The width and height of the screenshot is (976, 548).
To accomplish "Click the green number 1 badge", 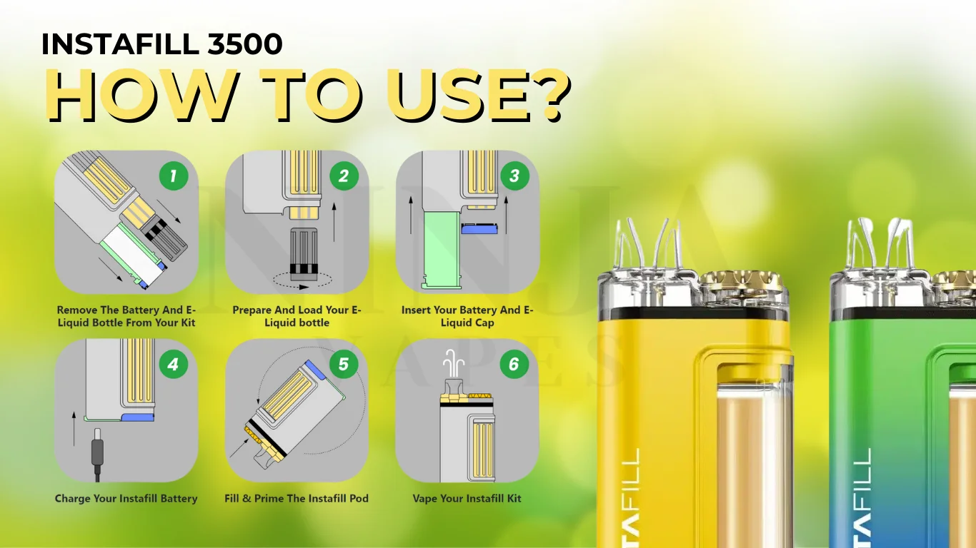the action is tap(174, 176).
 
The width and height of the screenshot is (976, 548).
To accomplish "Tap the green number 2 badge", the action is tap(344, 176).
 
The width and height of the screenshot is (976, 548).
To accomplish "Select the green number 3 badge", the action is tap(514, 176).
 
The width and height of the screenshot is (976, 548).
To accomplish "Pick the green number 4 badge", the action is tap(174, 364).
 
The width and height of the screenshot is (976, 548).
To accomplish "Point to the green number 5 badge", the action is tap(344, 364).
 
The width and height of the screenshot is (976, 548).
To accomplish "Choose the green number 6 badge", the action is tap(514, 364).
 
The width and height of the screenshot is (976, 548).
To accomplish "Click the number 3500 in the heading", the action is tap(245, 44).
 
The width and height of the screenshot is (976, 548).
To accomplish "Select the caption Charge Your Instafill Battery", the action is tap(126, 498).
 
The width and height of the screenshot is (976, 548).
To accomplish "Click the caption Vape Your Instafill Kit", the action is tap(467, 498).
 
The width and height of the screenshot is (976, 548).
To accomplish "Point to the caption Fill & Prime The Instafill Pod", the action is tap(297, 498).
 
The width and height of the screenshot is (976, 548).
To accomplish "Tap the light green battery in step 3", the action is tap(442, 250).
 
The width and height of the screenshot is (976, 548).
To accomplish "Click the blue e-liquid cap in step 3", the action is tap(479, 228).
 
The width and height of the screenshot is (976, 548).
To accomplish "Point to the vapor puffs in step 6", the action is tap(453, 363).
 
